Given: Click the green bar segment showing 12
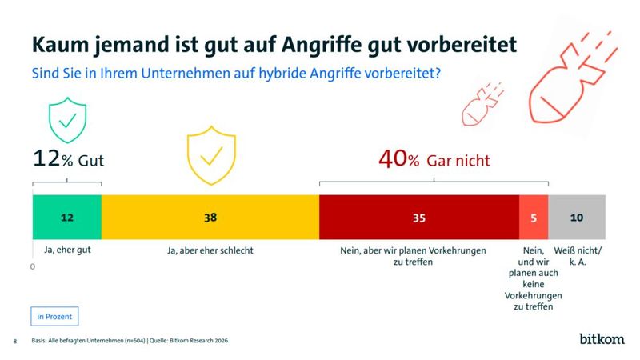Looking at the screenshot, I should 66,217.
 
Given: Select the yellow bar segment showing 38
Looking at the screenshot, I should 210,217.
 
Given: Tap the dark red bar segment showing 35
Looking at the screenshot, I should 418,217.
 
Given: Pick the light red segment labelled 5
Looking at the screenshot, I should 534,217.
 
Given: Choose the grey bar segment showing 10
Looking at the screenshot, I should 577,217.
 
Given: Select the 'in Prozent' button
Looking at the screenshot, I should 55,316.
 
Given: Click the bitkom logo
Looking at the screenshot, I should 601,339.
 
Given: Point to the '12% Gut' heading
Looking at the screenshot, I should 69,160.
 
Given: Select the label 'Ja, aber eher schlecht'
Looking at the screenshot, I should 210,250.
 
